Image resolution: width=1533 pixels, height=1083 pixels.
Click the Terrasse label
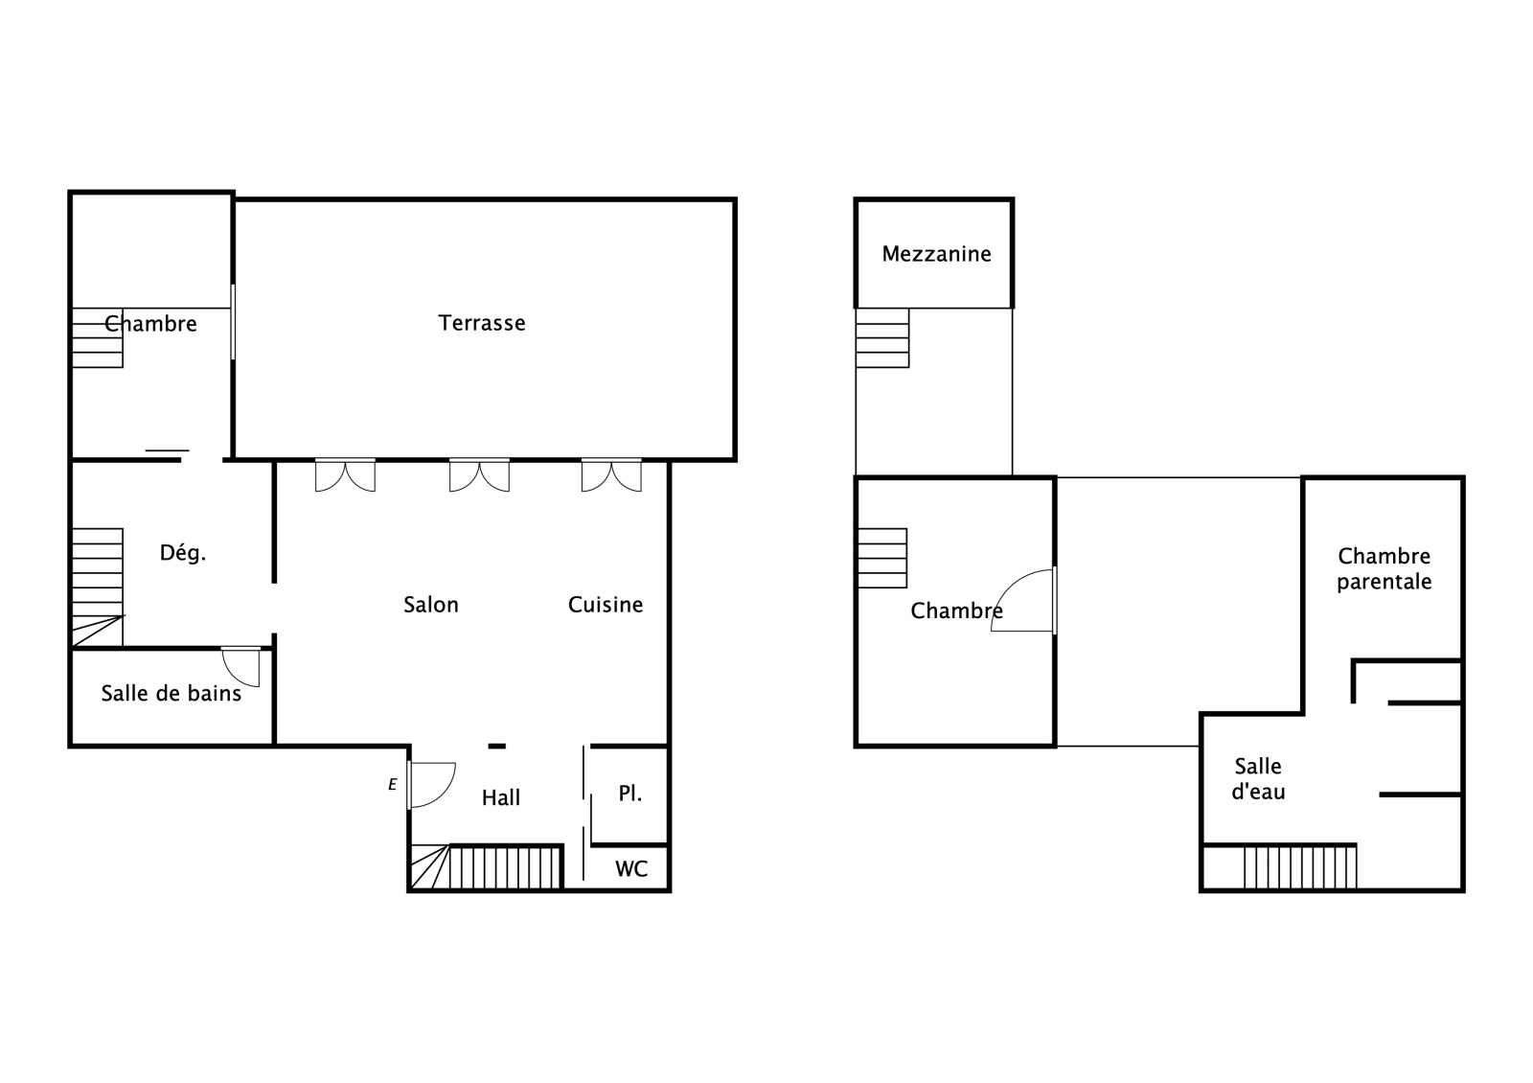pyautogui.click(x=482, y=322)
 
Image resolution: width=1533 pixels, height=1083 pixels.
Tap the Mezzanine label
pyautogui.click(x=936, y=254)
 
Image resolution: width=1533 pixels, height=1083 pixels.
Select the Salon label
pyautogui.click(x=430, y=605)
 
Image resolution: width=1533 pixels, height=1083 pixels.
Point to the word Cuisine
pyautogui.click(x=606, y=605)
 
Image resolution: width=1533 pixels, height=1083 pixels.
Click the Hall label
pyautogui.click(x=501, y=797)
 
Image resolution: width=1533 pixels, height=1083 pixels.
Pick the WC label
pyautogui.click(x=631, y=868)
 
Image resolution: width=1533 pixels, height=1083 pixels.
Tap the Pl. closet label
pyautogui.click(x=630, y=794)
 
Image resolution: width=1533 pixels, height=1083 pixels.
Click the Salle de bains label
pyautogui.click(x=172, y=694)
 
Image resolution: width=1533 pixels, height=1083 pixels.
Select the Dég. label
pyautogui.click(x=183, y=552)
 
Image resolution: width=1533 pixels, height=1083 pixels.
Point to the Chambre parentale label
pyautogui.click(x=1384, y=568)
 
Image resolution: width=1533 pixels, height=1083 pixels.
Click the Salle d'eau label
pyautogui.click(x=1258, y=778)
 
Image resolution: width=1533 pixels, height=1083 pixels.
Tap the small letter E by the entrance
pyautogui.click(x=392, y=785)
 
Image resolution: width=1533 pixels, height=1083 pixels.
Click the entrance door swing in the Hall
pyautogui.click(x=432, y=785)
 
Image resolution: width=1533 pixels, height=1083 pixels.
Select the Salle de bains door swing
pyautogui.click(x=240, y=667)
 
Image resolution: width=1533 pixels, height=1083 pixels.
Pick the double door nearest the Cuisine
pyautogui.click(x=611, y=475)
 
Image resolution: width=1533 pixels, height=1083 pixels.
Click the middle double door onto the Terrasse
pyautogui.click(x=479, y=475)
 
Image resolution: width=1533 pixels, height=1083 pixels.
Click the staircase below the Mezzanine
pyautogui.click(x=882, y=337)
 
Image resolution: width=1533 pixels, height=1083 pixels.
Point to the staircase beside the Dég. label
pyautogui.click(x=97, y=588)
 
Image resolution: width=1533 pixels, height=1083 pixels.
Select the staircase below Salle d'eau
pyautogui.click(x=1299, y=868)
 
